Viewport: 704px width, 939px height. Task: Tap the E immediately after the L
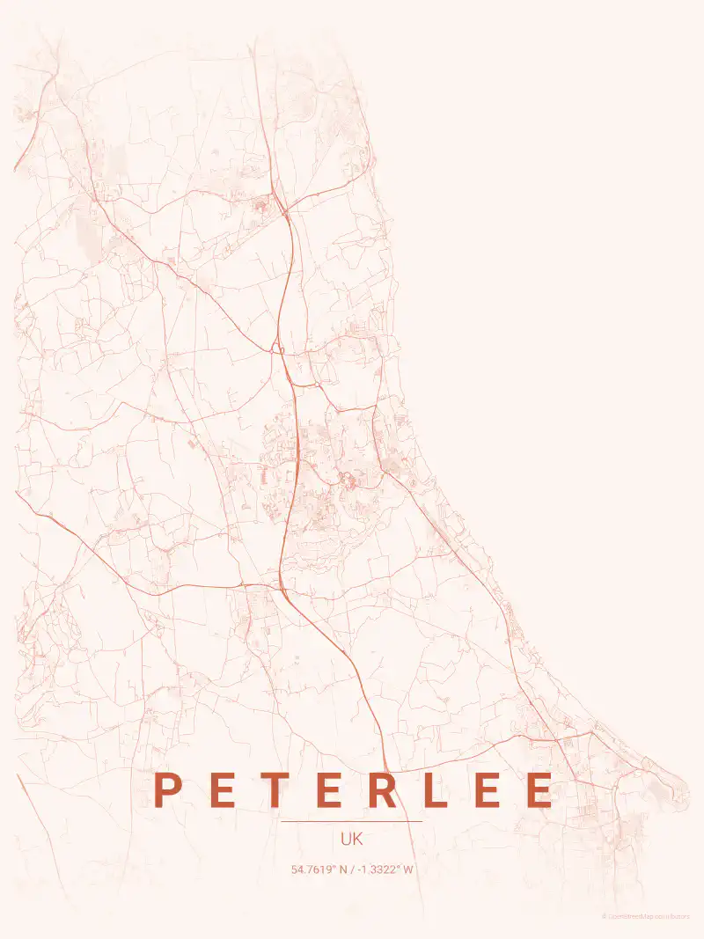point(488,789)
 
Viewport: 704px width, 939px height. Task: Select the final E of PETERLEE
point(541,789)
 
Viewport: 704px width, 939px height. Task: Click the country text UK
point(352,840)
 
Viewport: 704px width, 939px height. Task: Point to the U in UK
point(346,840)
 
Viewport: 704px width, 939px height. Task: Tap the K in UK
point(357,840)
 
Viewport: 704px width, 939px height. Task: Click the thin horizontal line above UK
point(352,821)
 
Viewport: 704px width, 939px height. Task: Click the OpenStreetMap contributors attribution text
point(649,916)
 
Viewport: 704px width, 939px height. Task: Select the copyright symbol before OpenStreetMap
point(605,916)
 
